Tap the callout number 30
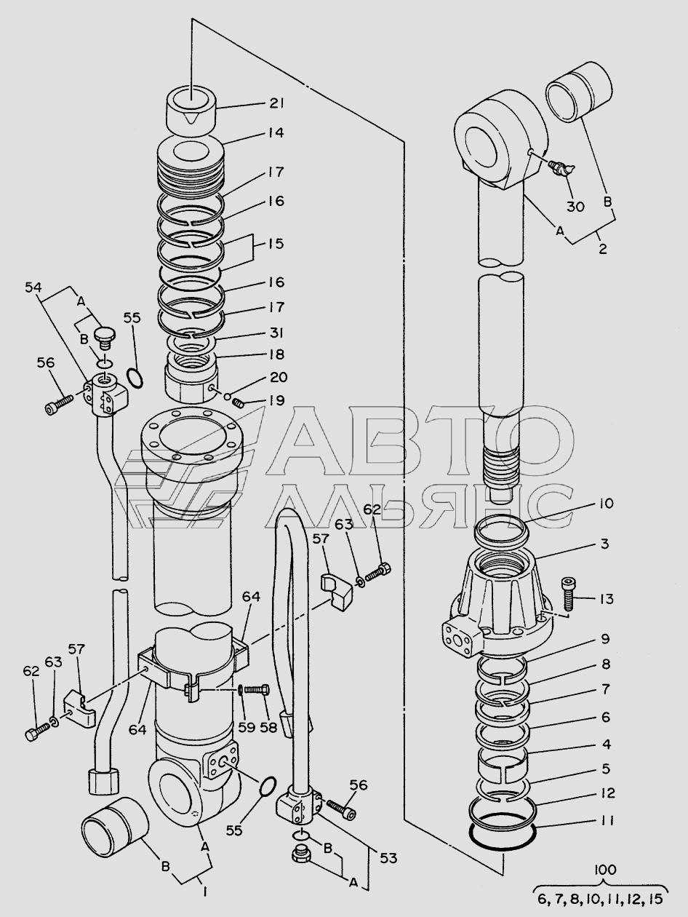[x=576, y=207]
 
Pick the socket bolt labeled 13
[x=568, y=593]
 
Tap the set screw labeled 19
[x=238, y=404]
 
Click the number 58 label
[x=268, y=727]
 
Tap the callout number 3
[x=604, y=544]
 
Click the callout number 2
[x=602, y=249]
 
